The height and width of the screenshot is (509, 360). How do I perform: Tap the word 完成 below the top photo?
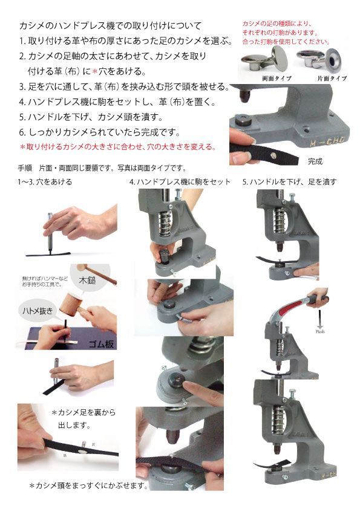(x=315, y=162)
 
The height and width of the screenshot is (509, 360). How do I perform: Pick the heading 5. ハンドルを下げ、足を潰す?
(x=289, y=181)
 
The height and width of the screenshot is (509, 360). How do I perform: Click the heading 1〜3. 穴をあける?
(x=45, y=181)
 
